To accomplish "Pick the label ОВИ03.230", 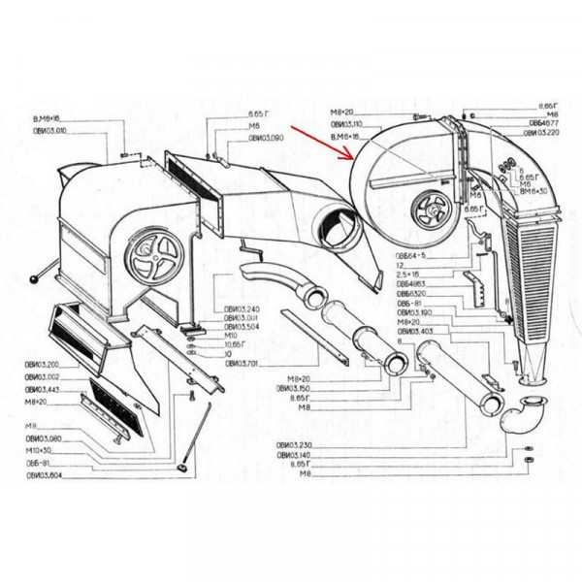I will pos(292,445).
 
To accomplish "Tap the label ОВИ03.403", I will pos(412,332).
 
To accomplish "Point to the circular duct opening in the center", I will pos(339,231).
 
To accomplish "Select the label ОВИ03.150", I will pos(292,388).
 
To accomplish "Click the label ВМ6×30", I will pos(533,192).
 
